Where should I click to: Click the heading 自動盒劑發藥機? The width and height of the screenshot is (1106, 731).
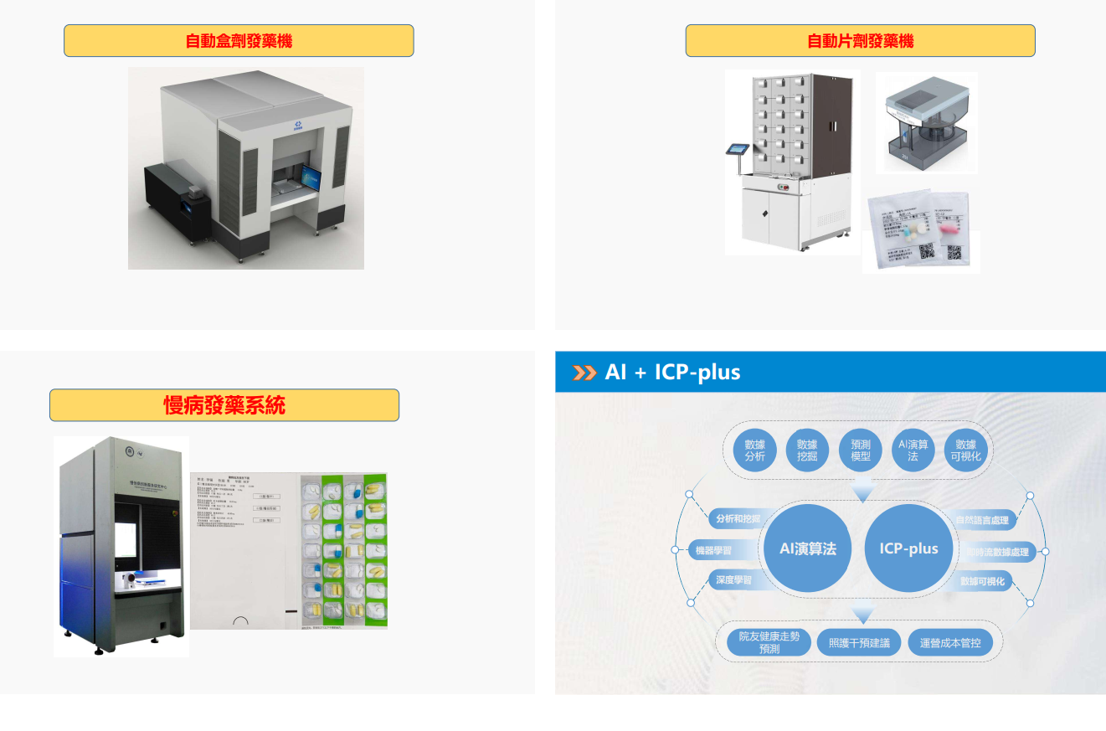coord(239,41)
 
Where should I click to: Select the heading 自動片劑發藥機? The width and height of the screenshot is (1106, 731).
coord(860,41)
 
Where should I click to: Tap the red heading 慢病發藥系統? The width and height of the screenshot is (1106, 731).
coord(224,406)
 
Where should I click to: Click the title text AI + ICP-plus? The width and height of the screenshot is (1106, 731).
coord(672,372)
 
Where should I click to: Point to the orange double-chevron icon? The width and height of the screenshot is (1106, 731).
coord(584,373)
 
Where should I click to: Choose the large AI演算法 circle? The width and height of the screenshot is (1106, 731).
coord(808,548)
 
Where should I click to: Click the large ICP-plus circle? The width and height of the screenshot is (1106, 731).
coord(908,548)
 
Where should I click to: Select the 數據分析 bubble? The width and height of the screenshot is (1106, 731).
coord(754,450)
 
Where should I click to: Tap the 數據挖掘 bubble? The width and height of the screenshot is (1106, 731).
coord(807,450)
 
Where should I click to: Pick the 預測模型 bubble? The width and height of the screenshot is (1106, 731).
coord(860,450)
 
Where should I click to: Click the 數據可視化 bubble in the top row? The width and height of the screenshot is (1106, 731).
coord(965,450)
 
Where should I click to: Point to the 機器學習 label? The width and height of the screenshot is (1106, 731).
coord(714,551)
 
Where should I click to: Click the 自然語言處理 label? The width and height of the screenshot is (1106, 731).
coord(983,520)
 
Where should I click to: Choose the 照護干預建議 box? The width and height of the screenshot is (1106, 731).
coord(859,643)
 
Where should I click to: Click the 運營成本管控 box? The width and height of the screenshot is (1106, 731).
coord(949,643)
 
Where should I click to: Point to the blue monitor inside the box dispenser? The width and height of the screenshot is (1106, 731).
coord(311,178)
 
